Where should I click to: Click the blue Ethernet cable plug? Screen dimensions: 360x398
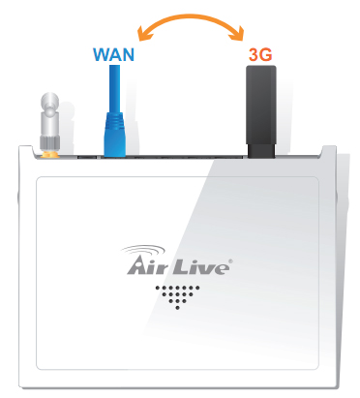click(115, 132)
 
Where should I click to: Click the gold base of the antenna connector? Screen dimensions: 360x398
click(49, 151)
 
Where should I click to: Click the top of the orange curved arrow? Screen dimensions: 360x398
click(190, 14)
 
